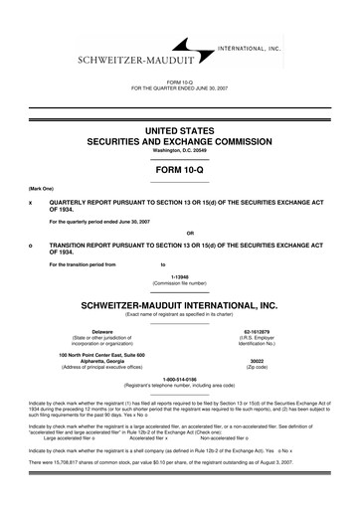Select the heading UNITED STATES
(180, 130)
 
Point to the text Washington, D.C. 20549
(180, 150)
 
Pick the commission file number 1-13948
(180, 277)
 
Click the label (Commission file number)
(180, 284)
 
